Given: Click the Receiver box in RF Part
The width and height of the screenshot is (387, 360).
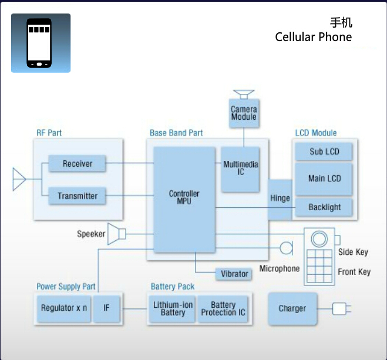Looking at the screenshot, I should pyautogui.click(x=77, y=164).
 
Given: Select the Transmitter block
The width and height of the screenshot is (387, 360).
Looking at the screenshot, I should pyautogui.click(x=77, y=196).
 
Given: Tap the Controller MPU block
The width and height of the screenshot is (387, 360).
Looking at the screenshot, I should pyautogui.click(x=184, y=198).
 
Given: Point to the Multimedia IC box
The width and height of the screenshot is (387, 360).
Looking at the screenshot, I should pyautogui.click(x=241, y=169).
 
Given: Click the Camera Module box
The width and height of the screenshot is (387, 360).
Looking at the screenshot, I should pyautogui.click(x=243, y=113).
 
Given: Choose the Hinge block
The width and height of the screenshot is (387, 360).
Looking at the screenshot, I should pyautogui.click(x=280, y=199).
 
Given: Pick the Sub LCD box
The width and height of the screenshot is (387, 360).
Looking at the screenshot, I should pyautogui.click(x=324, y=152).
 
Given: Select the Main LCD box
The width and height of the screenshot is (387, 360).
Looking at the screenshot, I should pyautogui.click(x=324, y=179).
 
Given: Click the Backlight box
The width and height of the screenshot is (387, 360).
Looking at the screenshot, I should pyautogui.click(x=324, y=207).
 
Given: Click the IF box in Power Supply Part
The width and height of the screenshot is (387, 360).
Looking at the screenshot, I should pyautogui.click(x=106, y=308).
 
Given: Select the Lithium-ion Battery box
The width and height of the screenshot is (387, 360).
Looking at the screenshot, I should pyautogui.click(x=173, y=308).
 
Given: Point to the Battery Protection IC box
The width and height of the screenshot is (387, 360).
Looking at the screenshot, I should pyautogui.click(x=223, y=308).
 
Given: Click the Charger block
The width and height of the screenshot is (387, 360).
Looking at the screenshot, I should pyautogui.click(x=292, y=308).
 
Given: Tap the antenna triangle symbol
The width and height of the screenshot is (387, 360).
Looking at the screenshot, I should pyautogui.click(x=19, y=180).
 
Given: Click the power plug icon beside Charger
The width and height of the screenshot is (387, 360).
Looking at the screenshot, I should pyautogui.click(x=340, y=308).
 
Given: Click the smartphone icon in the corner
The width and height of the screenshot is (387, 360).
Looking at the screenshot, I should pyautogui.click(x=40, y=43).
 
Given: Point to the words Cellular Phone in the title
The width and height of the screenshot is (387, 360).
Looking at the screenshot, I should pyautogui.click(x=313, y=38).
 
